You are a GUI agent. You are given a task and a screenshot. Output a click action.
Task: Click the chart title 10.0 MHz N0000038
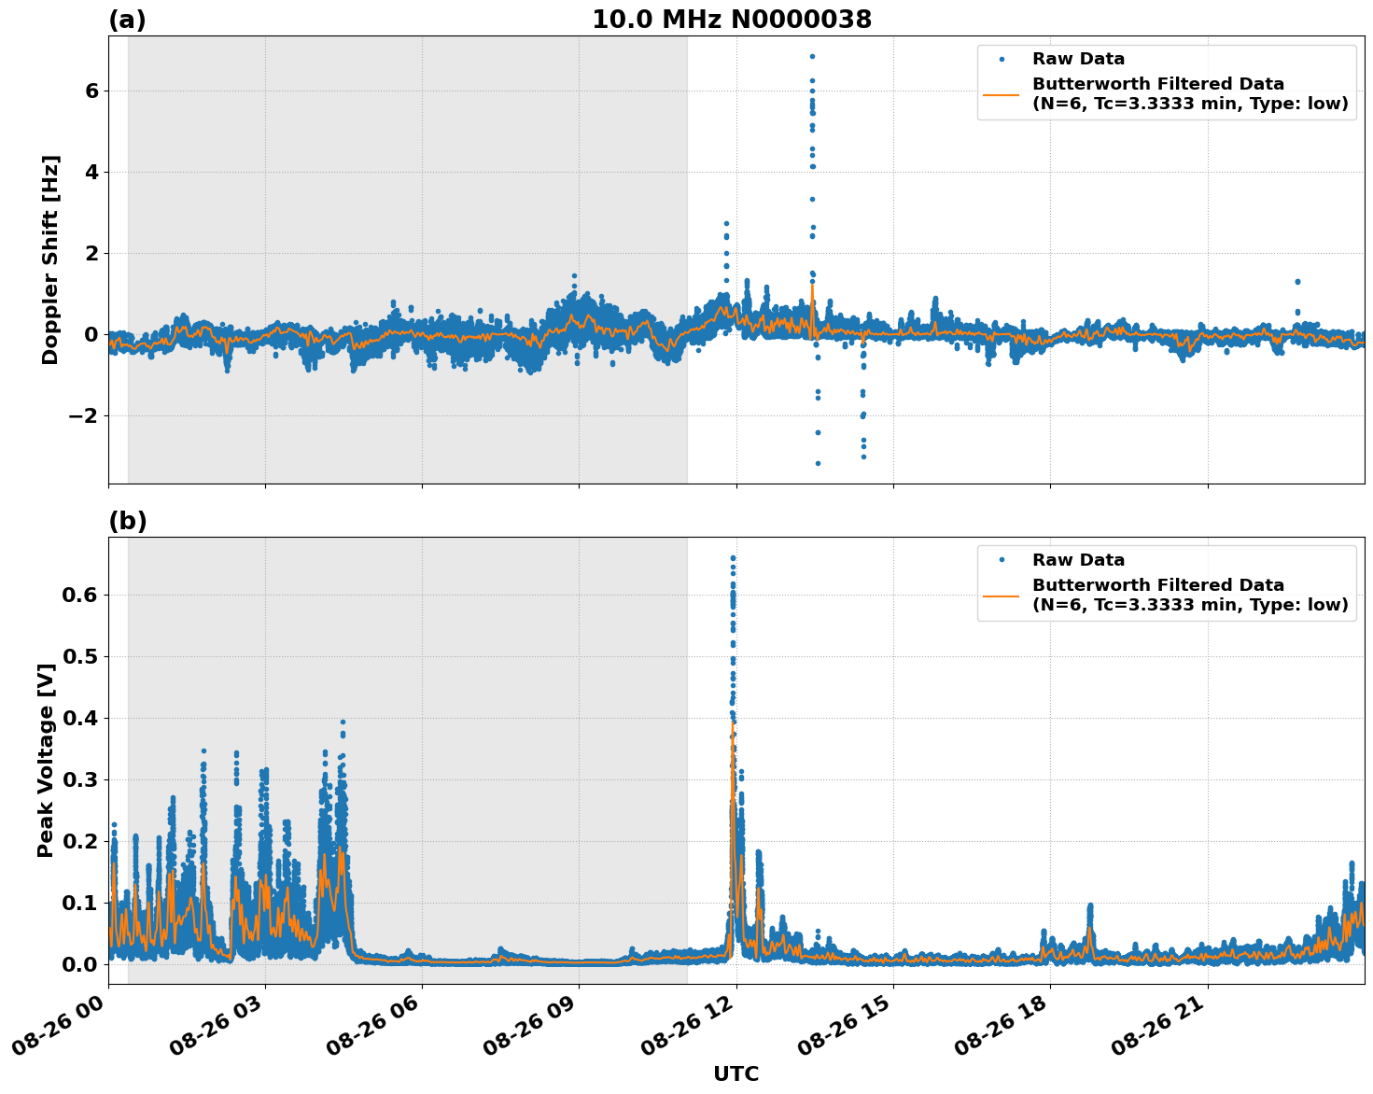[731, 20]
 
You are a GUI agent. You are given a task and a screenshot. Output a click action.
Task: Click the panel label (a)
[127, 20]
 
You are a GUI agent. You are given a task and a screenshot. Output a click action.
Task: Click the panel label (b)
[127, 521]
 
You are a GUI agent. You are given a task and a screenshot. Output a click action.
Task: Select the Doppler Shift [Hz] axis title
[50, 259]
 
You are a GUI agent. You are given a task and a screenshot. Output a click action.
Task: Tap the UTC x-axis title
[736, 1073]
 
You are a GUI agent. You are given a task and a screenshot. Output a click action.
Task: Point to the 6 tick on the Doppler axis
[91, 91]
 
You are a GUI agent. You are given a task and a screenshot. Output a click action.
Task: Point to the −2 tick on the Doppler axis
[84, 415]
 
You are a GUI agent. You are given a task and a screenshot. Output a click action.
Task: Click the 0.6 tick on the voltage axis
[84, 595]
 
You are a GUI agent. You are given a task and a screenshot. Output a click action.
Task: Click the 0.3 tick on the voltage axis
[84, 779]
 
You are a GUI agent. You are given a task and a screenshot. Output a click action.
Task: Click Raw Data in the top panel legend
[1078, 59]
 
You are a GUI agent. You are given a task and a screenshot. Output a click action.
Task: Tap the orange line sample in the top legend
[1002, 94]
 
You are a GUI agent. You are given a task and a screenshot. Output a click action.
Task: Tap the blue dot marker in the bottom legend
[1002, 560]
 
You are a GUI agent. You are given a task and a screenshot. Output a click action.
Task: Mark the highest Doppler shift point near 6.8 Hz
[812, 56]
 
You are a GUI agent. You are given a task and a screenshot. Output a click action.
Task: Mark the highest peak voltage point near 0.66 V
[733, 558]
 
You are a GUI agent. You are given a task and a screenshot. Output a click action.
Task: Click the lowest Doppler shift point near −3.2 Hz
[818, 463]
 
